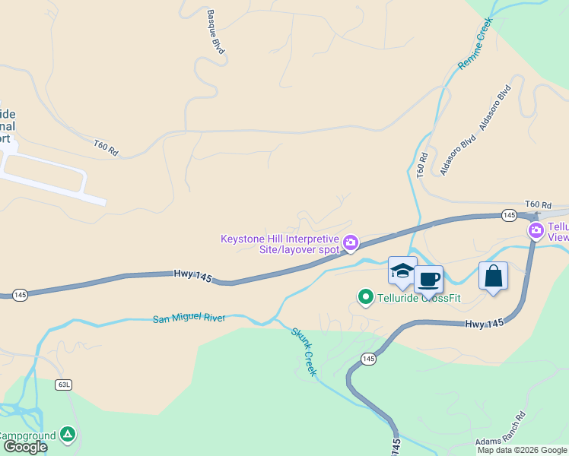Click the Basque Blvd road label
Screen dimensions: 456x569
(x=217, y=32)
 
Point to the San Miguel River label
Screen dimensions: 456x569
(x=189, y=318)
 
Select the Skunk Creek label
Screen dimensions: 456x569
(x=304, y=351)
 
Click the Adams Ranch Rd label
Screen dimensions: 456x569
(x=500, y=430)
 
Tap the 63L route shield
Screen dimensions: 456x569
(x=64, y=385)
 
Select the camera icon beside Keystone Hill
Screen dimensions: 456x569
(x=350, y=243)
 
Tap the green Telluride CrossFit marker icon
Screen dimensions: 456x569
(x=365, y=296)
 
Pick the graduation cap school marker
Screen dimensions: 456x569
(x=402, y=271)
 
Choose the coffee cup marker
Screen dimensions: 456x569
(x=428, y=279)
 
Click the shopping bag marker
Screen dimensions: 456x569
(x=493, y=276)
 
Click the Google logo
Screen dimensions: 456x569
(x=24, y=447)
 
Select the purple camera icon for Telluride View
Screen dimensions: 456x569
(x=536, y=230)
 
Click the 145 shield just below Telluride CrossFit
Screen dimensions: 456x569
(x=369, y=359)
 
